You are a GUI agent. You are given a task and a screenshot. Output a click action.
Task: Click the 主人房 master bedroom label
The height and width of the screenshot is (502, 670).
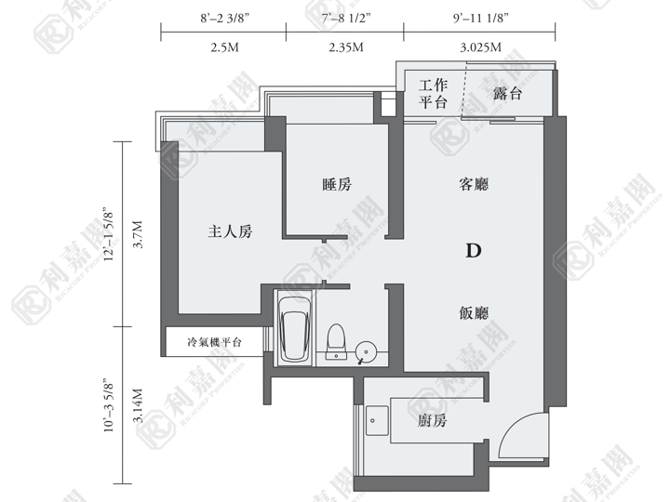pos(230,231)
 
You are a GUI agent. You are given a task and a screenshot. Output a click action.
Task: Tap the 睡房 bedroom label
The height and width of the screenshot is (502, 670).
pos(337,184)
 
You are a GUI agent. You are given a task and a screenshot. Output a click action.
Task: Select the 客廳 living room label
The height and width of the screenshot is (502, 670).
pos(474,184)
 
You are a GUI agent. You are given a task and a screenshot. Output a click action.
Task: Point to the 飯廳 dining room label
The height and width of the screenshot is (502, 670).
pos(474,313)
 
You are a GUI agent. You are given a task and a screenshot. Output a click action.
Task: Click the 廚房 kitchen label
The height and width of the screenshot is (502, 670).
pos(432,421)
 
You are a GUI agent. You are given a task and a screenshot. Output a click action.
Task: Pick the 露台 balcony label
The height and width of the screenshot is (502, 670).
pos(507,93)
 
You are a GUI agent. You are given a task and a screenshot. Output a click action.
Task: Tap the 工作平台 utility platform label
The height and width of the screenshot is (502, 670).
pos(433,94)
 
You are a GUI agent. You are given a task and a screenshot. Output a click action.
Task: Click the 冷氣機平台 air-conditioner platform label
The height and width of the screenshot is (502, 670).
pos(215,342)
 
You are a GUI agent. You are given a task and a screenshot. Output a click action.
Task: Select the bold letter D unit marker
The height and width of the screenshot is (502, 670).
pos(474,251)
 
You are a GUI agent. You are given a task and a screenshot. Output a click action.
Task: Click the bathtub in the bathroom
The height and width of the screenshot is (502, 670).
pos(294,328)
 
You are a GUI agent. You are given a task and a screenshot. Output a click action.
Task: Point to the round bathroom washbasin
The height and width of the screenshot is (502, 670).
pos(366,351)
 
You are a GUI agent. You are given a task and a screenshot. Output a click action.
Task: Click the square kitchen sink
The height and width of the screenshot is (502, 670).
pos(377,420)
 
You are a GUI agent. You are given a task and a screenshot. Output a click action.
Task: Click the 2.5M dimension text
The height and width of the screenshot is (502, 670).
pos(225,47)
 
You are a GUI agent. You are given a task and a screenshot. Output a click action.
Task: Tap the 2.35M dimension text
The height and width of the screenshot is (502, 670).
pos(346,47)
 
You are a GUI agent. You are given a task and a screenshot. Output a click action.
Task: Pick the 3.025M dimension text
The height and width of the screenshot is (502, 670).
pos(481,47)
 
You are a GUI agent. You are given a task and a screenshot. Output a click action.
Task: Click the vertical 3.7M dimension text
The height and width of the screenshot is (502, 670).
pos(138,234)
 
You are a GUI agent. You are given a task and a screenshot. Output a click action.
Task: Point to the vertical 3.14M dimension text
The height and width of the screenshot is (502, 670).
pos(138,405)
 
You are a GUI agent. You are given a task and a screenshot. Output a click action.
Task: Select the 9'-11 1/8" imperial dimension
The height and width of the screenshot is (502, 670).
pos(481,19)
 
